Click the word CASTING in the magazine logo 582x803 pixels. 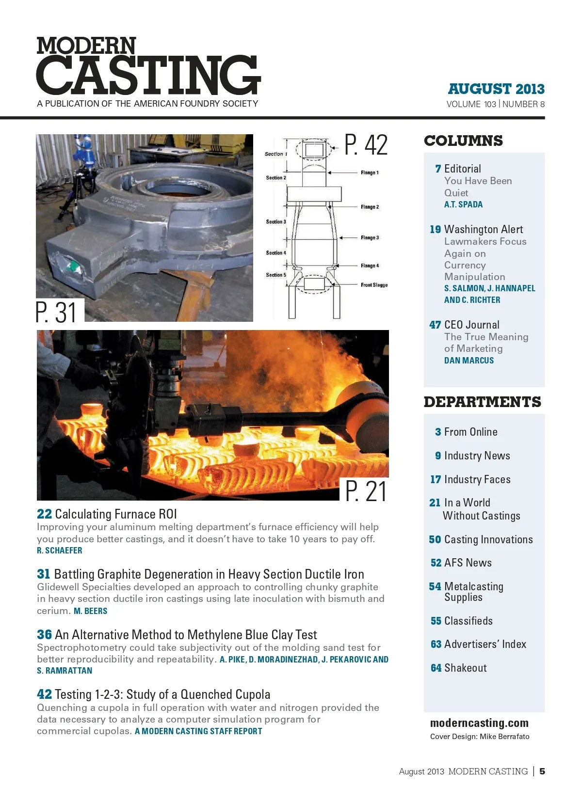[x=148, y=75]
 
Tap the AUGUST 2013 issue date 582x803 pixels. [x=496, y=89]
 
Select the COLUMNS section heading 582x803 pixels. [x=463, y=141]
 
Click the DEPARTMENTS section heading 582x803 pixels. [x=482, y=402]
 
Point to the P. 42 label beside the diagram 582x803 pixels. [x=366, y=145]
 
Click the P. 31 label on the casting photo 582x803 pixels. [x=57, y=312]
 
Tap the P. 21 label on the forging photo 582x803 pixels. [x=366, y=491]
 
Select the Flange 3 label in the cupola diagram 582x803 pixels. [x=370, y=238]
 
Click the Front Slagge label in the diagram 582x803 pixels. [x=374, y=285]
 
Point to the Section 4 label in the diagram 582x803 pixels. [x=276, y=253]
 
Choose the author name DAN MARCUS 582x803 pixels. [x=469, y=361]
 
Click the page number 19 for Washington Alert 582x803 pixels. [x=435, y=230]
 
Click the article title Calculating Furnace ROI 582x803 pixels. [x=116, y=514]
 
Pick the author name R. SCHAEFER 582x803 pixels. [x=60, y=551]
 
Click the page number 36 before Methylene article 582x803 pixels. [x=44, y=635]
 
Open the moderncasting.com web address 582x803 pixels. [x=479, y=723]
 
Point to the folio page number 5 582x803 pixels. [x=542, y=772]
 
